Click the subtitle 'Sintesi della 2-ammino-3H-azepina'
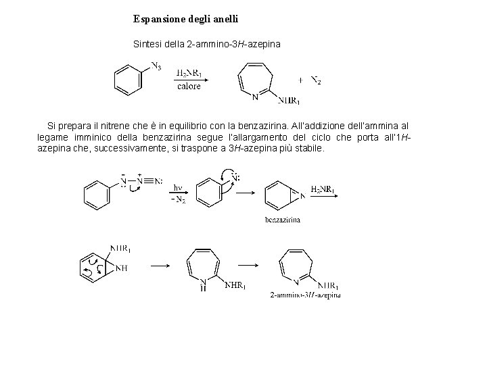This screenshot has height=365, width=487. click(x=206, y=44)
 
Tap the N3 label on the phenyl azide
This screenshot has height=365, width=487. click(x=156, y=66)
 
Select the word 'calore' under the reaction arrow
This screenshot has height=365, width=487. click(x=189, y=86)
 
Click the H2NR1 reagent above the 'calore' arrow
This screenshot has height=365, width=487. click(x=189, y=73)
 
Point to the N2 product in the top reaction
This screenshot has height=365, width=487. click(x=316, y=80)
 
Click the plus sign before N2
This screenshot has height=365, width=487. click(x=300, y=79)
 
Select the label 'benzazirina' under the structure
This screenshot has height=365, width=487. click(x=283, y=219)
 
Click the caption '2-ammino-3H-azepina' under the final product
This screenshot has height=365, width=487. click(x=305, y=295)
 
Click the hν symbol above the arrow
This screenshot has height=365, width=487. click(x=178, y=187)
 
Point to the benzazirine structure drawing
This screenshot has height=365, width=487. click(x=281, y=195)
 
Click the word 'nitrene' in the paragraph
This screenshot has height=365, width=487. click(x=122, y=126)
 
